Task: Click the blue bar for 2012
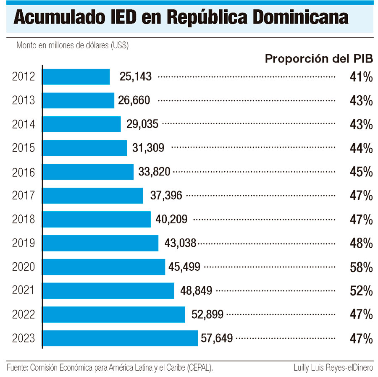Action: pos(76,77)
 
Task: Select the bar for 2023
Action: pos(120,338)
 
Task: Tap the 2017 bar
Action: pos(93,196)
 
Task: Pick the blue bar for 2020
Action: pos(104,267)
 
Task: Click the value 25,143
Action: pos(135,77)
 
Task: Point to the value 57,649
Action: pos(217,338)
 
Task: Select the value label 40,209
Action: pos(171,219)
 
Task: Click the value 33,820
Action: pos(154,172)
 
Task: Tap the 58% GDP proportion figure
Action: pos(361,267)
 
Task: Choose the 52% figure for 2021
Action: pos(361,291)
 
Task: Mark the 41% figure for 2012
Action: pos(361,77)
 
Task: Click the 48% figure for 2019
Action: pos(361,243)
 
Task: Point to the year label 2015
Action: pos(24,148)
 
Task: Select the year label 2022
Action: pos(24,314)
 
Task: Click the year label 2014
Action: pos(24,124)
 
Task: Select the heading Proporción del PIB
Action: pos(319,59)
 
